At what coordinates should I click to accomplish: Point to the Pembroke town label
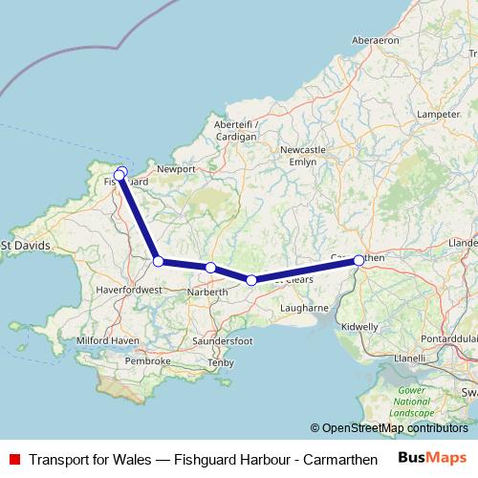point(147,360)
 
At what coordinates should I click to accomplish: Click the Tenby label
point(220,362)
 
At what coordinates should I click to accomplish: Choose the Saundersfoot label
point(222,340)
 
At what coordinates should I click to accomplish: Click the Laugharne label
point(305,308)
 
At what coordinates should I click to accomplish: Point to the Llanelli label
point(410,358)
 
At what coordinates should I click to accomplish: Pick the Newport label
point(175,168)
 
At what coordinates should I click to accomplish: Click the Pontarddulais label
point(441,340)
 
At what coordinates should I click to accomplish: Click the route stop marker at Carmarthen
point(358,260)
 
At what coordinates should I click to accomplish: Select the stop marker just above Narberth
point(210,268)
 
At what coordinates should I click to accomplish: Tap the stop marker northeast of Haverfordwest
point(158,261)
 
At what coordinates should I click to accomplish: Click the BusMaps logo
point(432,459)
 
